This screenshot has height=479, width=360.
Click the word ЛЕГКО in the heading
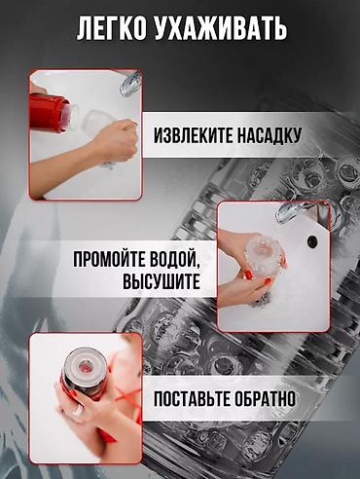tap(112, 28)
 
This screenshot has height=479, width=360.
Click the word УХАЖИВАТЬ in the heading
tap(221, 28)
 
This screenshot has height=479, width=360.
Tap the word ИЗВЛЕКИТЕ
tap(194, 135)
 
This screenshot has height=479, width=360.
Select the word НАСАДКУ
tap(269, 135)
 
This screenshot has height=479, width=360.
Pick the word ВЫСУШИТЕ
tap(162, 281)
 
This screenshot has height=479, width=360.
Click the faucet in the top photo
tap(129, 84)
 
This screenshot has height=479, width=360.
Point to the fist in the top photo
tap(118, 140)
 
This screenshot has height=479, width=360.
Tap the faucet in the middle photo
tap(289, 211)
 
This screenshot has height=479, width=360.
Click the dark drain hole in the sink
tap(312, 240)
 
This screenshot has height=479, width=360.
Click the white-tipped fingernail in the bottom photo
tap(78, 410)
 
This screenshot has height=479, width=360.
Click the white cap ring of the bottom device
tap(85, 366)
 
